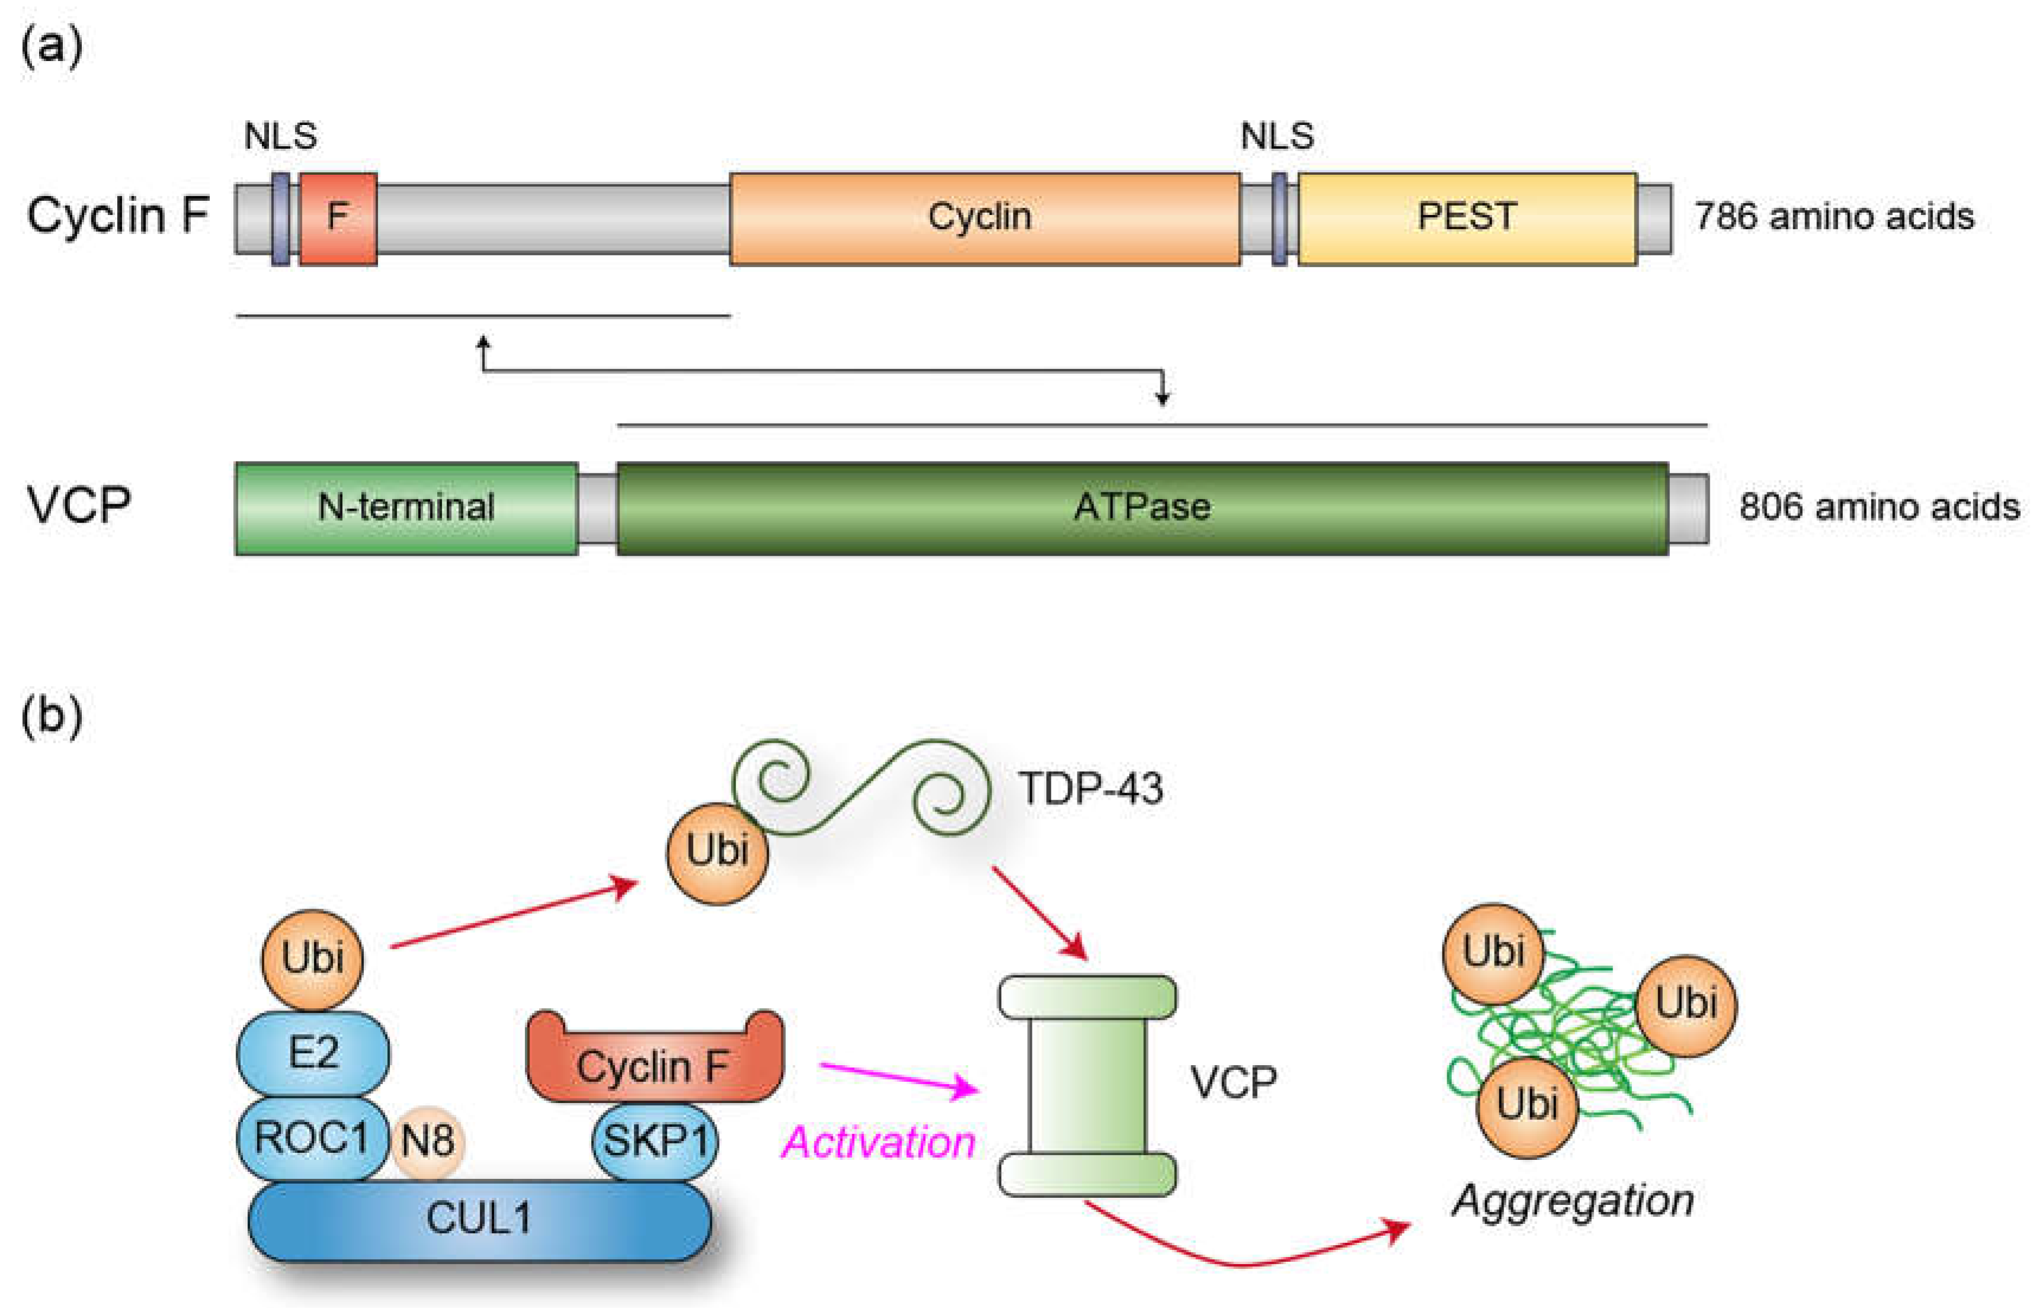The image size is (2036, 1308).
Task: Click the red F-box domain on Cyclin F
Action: [338, 218]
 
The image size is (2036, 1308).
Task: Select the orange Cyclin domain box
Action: [983, 218]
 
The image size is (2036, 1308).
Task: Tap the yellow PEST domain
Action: [1466, 218]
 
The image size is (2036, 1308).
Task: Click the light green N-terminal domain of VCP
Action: [406, 508]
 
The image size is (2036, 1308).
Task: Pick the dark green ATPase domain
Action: [1142, 508]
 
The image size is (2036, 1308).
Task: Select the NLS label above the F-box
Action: [280, 136]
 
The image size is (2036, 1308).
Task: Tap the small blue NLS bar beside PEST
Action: [1278, 218]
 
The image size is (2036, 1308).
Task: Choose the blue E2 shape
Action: [313, 1053]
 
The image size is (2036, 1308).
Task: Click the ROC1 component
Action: [312, 1138]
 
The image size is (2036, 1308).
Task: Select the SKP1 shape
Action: [655, 1141]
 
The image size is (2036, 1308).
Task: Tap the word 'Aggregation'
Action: [1572, 1200]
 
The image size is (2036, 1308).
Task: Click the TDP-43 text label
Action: [1090, 788]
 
